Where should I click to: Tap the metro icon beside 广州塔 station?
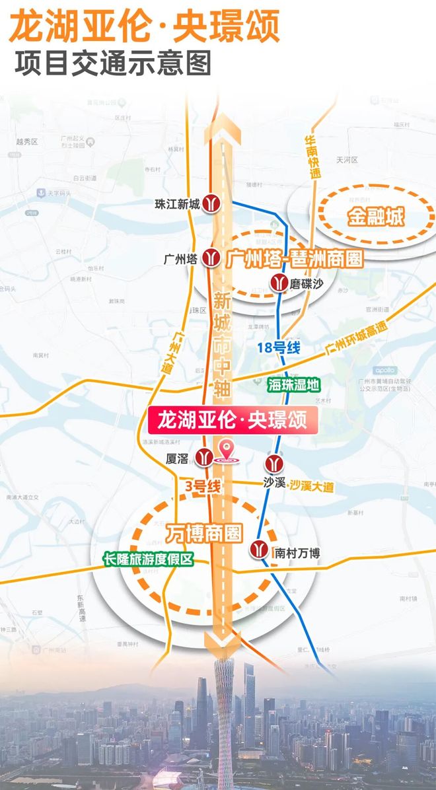click(x=211, y=257)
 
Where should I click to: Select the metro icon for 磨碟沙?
click(x=279, y=283)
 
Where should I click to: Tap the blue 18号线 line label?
click(x=279, y=348)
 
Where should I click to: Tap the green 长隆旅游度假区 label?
click(x=148, y=559)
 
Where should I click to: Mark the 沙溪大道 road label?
click(x=311, y=487)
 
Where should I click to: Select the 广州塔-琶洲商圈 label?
click(x=295, y=258)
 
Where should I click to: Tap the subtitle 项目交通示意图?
click(x=112, y=63)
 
